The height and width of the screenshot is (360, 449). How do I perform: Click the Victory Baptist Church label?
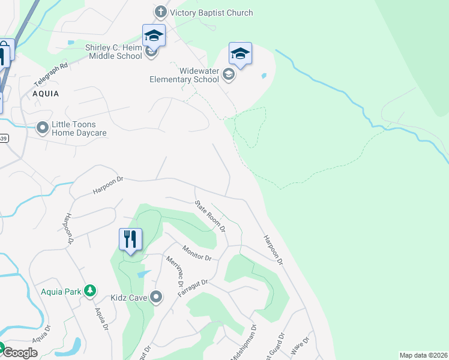coord(211,13)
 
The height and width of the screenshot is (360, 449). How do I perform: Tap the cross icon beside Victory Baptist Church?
coord(160,13)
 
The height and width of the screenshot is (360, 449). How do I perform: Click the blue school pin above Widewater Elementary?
coord(240,55)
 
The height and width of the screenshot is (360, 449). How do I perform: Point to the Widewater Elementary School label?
coord(184,75)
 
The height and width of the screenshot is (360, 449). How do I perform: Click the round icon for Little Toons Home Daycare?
coord(43,128)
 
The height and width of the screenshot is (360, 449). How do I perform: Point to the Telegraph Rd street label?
coord(51,74)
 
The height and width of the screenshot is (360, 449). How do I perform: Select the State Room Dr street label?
coord(210,216)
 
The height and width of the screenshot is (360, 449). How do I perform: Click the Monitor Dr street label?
coord(197,253)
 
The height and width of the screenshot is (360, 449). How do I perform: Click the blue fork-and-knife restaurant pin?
coord(130,239)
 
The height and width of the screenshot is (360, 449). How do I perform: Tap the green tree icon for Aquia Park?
coord(90,290)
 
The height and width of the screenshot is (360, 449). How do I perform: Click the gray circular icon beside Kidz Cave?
coord(157,296)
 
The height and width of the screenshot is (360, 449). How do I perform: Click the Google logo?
coord(20,352)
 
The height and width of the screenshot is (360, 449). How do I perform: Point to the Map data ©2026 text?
coord(423,355)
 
